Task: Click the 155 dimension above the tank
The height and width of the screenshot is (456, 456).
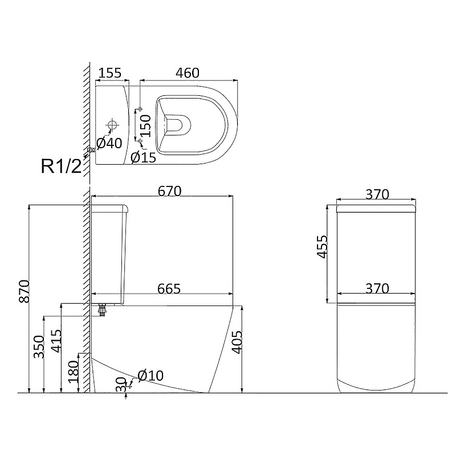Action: coord(110,73)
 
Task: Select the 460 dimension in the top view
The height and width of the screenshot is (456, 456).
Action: coord(188,73)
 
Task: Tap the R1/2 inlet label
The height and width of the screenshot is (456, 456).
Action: coord(61,166)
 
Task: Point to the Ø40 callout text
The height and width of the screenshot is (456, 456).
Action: coord(109,143)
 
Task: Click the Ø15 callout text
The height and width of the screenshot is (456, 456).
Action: coord(144,158)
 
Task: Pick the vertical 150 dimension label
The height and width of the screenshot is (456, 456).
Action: coord(146,125)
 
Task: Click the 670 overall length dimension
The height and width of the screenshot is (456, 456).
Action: coord(170,191)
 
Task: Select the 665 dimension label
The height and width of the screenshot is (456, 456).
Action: coord(169,288)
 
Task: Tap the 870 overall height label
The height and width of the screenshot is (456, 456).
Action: coord(24,291)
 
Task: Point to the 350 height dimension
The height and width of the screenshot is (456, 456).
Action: coord(39,347)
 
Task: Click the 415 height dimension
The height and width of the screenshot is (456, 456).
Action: coord(56,341)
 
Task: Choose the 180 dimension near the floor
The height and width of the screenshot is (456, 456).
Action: coord(73,372)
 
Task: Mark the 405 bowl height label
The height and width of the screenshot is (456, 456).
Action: coord(237,342)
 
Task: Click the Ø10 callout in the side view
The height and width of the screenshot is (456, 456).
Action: coord(150,376)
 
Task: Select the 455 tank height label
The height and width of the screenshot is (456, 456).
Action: coord(322,247)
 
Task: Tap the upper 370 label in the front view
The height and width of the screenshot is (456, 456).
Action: coord(377,194)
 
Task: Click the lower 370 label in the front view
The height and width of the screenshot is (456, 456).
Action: coord(377,288)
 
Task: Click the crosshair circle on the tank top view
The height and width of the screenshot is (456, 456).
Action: coord(112,125)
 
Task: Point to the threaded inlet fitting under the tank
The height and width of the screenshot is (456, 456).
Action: coord(102,310)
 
